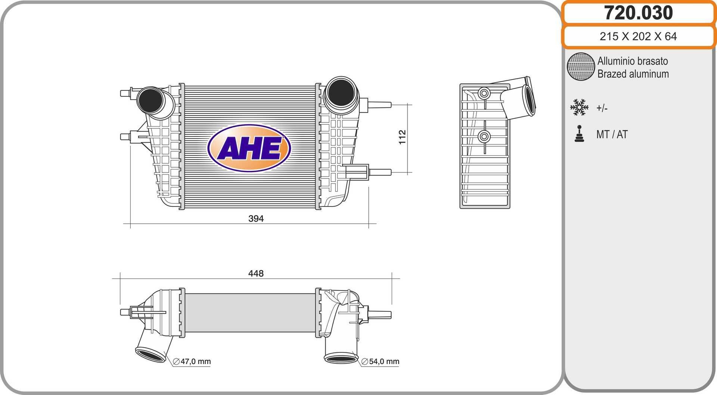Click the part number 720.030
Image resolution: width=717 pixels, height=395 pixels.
click(638, 13)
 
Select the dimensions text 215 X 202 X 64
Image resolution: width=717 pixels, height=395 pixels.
click(638, 37)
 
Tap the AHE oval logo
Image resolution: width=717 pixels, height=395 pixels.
click(249, 148)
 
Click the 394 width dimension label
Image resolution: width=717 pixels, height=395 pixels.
click(256, 218)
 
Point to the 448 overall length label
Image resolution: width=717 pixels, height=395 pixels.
click(256, 274)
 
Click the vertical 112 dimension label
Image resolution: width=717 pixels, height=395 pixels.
click(402, 137)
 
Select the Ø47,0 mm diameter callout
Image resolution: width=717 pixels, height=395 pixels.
click(192, 361)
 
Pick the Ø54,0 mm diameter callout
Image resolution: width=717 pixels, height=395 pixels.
click(380, 361)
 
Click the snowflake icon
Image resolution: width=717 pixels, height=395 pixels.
click(579, 107)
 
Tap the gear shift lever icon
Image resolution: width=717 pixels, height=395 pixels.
click(579, 134)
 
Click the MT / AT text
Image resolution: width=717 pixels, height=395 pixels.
click(612, 134)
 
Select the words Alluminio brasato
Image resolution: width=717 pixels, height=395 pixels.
click(632, 61)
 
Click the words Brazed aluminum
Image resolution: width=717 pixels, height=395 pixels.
click(633, 74)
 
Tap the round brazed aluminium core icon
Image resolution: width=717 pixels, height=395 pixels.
click(581, 66)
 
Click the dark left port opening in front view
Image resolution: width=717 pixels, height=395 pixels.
click(150, 100)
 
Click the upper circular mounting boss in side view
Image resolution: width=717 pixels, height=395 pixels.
click(484, 93)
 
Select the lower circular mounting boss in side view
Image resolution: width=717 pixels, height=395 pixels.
click(484, 137)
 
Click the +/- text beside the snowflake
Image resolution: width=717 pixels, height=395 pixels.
click(602, 108)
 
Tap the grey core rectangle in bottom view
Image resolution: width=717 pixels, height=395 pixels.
click(250, 312)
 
